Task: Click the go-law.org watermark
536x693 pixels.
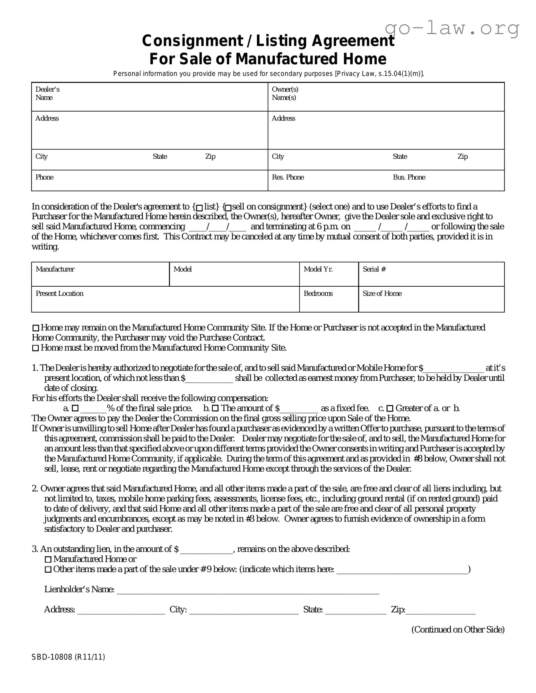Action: pos(452,28)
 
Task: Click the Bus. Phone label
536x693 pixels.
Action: pos(409,177)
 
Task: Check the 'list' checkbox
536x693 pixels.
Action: pos(200,207)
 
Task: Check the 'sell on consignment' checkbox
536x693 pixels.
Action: pos(228,207)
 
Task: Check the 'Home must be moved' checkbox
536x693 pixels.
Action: pos(36,348)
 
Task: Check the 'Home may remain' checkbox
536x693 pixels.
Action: pos(36,328)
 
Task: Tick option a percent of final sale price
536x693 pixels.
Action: pos(75,408)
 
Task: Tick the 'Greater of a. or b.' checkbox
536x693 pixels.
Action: pos(390,408)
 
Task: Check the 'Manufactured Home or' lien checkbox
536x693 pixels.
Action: pos(48,559)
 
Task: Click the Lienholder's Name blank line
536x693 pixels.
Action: pos(247,590)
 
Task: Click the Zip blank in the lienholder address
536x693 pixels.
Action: pos(440,610)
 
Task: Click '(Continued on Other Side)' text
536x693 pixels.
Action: pos(458,630)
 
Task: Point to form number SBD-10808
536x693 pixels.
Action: pos(68,657)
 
